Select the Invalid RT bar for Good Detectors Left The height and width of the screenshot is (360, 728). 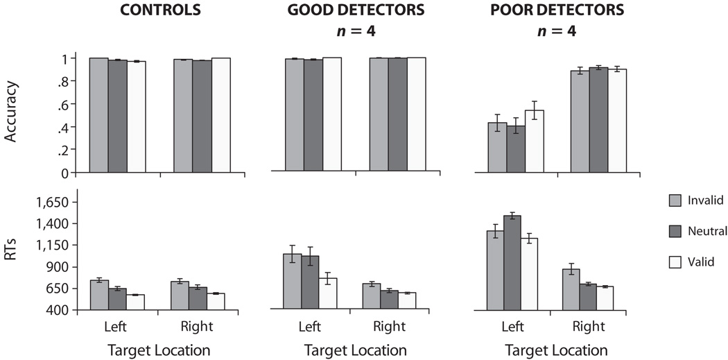pos(292,281)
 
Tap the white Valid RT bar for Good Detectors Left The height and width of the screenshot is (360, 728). pos(328,293)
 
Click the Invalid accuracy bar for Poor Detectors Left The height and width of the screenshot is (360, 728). pos(497,147)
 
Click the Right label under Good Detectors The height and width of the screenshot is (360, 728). pos(389,327)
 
